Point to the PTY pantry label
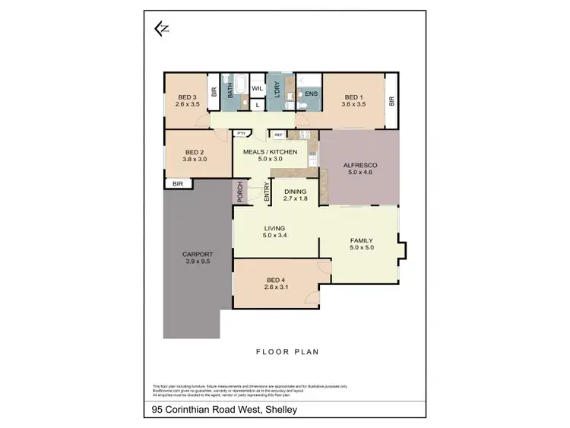pos(242,134)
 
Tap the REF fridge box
pos(278,135)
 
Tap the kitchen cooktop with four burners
pos(303,135)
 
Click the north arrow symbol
pos(160,30)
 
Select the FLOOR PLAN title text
pos(286,352)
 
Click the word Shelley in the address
pos(280,411)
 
